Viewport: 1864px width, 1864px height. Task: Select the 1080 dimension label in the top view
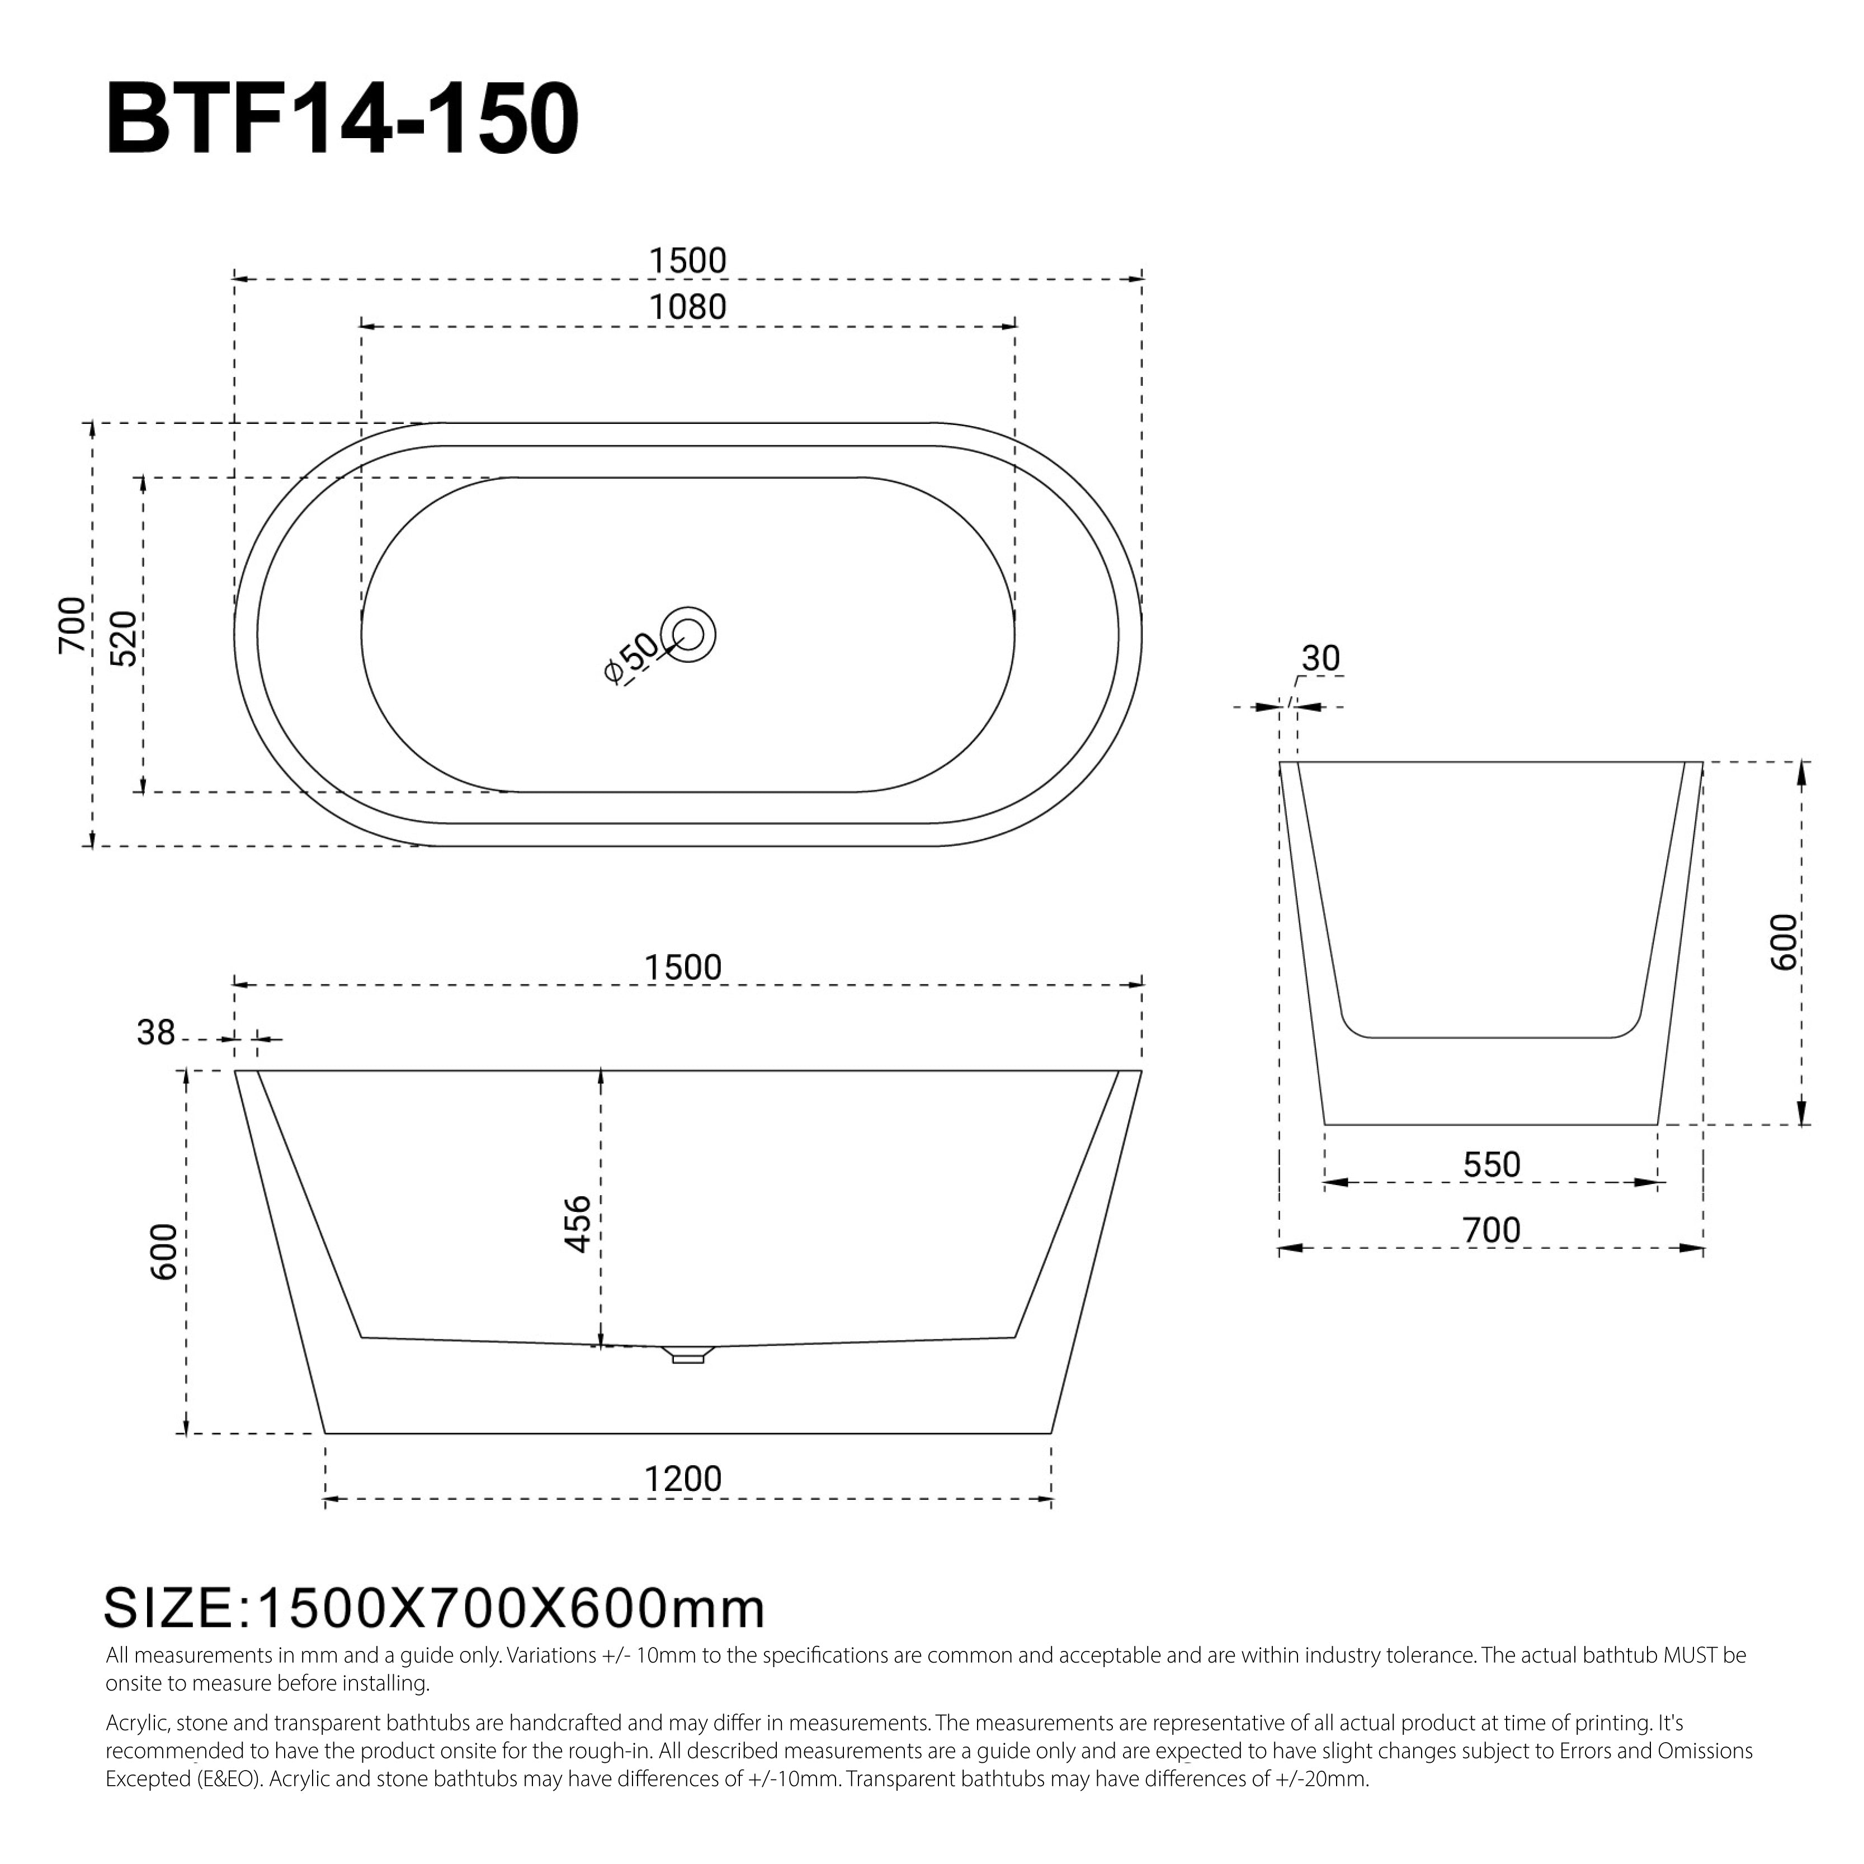click(687, 307)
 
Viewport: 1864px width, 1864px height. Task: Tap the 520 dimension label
click(124, 638)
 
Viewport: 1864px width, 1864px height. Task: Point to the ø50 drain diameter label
click(629, 659)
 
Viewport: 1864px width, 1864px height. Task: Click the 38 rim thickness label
click(155, 1034)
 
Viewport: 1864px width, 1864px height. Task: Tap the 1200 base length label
click(682, 1479)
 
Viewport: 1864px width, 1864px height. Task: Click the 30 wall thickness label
click(1320, 658)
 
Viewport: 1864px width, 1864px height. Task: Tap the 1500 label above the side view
click(682, 967)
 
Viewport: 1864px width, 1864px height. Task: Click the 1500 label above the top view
click(687, 261)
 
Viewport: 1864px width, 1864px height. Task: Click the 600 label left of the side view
click(164, 1252)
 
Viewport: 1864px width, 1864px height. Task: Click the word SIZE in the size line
click(169, 1608)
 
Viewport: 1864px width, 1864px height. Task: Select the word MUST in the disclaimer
click(1690, 1655)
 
